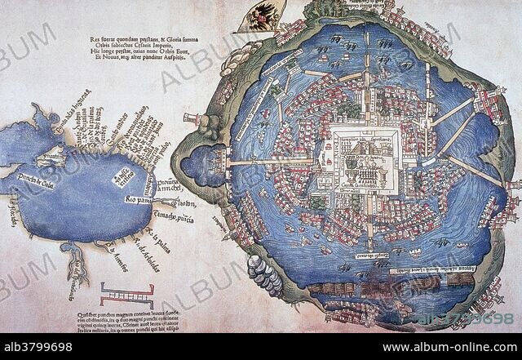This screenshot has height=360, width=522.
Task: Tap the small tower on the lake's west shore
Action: pos(190,119)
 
